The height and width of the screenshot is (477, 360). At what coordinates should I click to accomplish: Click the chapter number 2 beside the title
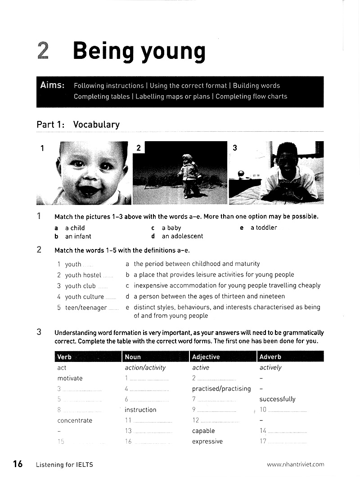point(43,51)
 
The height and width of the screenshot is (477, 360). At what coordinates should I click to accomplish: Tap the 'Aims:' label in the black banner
point(52,85)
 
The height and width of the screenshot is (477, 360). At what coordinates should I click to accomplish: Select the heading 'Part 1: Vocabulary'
point(78,125)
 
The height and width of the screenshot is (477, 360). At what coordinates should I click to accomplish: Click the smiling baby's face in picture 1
point(92,171)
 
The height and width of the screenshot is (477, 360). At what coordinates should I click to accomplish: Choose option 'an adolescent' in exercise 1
point(182,236)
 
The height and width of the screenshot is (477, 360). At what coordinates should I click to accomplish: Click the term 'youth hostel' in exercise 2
point(83,275)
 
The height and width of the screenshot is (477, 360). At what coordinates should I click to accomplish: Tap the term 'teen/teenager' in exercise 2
point(85,308)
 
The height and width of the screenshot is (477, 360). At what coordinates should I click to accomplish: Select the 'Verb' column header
point(64,357)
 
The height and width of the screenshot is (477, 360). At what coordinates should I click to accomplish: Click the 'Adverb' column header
point(270,357)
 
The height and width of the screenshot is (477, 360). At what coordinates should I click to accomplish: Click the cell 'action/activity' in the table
point(145,368)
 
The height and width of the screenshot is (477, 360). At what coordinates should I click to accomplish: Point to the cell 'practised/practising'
point(221,388)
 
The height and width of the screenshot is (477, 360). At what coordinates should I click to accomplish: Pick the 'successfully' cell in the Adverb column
point(277,399)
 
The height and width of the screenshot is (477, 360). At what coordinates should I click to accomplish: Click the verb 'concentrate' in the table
point(75,421)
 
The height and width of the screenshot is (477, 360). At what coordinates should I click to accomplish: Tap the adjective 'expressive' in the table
point(207,441)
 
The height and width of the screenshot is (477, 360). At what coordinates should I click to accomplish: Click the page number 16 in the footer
point(18,464)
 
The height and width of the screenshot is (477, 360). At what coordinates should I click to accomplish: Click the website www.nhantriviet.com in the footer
point(295,465)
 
